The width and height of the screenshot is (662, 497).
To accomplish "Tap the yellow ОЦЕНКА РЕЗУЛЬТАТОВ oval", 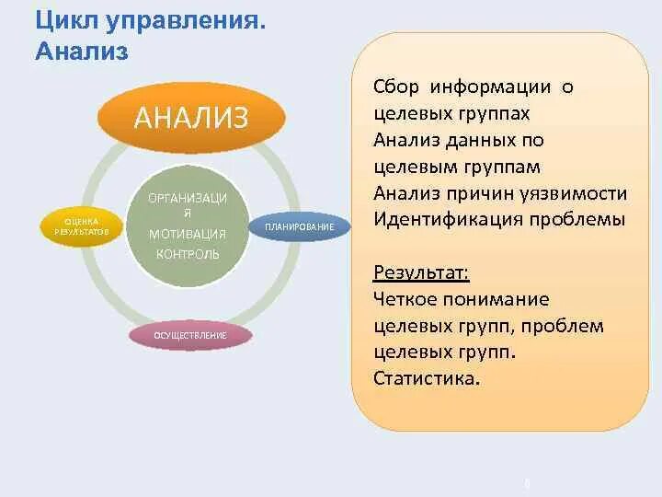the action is pos(81,225).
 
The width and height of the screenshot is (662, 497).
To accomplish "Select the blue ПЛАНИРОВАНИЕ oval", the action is pos(299,226).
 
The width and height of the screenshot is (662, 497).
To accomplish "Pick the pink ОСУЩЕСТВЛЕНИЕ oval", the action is pos(189,335).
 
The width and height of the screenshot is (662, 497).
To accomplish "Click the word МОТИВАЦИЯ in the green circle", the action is pos(187,234).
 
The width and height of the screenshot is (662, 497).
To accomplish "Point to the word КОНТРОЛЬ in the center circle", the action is pos(187,254).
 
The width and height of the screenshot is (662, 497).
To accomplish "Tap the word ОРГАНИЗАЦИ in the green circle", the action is pos(188,199).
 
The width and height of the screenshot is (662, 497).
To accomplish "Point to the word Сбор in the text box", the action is pos(396,87).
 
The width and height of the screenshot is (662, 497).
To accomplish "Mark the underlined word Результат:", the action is pos(421,273).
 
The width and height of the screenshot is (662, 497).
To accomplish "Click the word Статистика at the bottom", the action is pos(427,379).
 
